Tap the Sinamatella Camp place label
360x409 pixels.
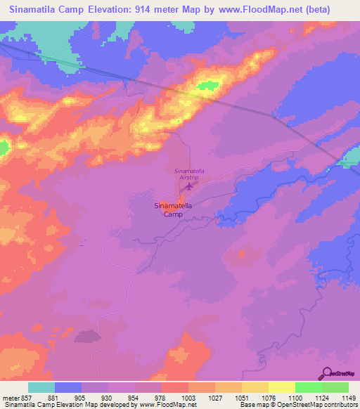point(173,210)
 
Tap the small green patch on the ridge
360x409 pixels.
point(207,86)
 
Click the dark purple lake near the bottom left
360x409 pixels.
point(86,337)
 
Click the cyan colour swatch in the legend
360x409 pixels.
point(41,387)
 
